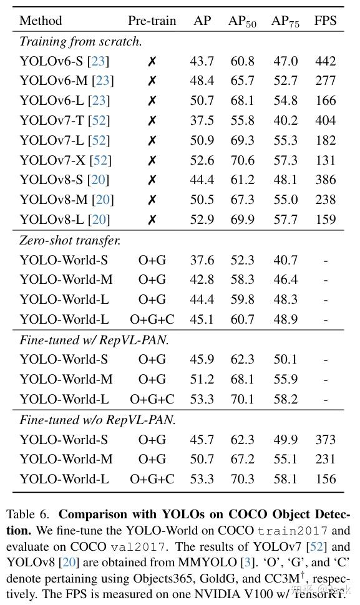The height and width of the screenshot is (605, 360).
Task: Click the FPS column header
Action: pyautogui.click(x=325, y=21)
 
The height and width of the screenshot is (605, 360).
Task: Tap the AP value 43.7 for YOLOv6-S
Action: pyautogui.click(x=202, y=61)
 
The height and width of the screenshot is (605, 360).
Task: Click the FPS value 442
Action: pyautogui.click(x=325, y=61)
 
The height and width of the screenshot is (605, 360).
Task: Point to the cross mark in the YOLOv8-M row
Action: pyautogui.click(x=152, y=200)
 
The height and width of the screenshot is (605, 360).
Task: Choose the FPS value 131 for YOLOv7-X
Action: pyautogui.click(x=325, y=160)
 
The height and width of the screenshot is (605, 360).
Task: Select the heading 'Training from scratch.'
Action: pyautogui.click(x=80, y=42)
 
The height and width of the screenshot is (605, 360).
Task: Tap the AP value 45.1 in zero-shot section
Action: pyautogui.click(x=202, y=319)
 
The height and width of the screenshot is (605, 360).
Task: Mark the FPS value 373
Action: pyautogui.click(x=325, y=440)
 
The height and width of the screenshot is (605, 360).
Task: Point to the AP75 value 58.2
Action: pyautogui.click(x=285, y=399)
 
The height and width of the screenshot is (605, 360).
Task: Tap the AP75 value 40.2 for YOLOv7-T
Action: pyautogui.click(x=285, y=121)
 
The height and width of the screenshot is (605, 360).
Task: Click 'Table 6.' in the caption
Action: pyautogui.click(x=28, y=515)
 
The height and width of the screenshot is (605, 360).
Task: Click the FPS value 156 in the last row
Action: pyautogui.click(x=325, y=479)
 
